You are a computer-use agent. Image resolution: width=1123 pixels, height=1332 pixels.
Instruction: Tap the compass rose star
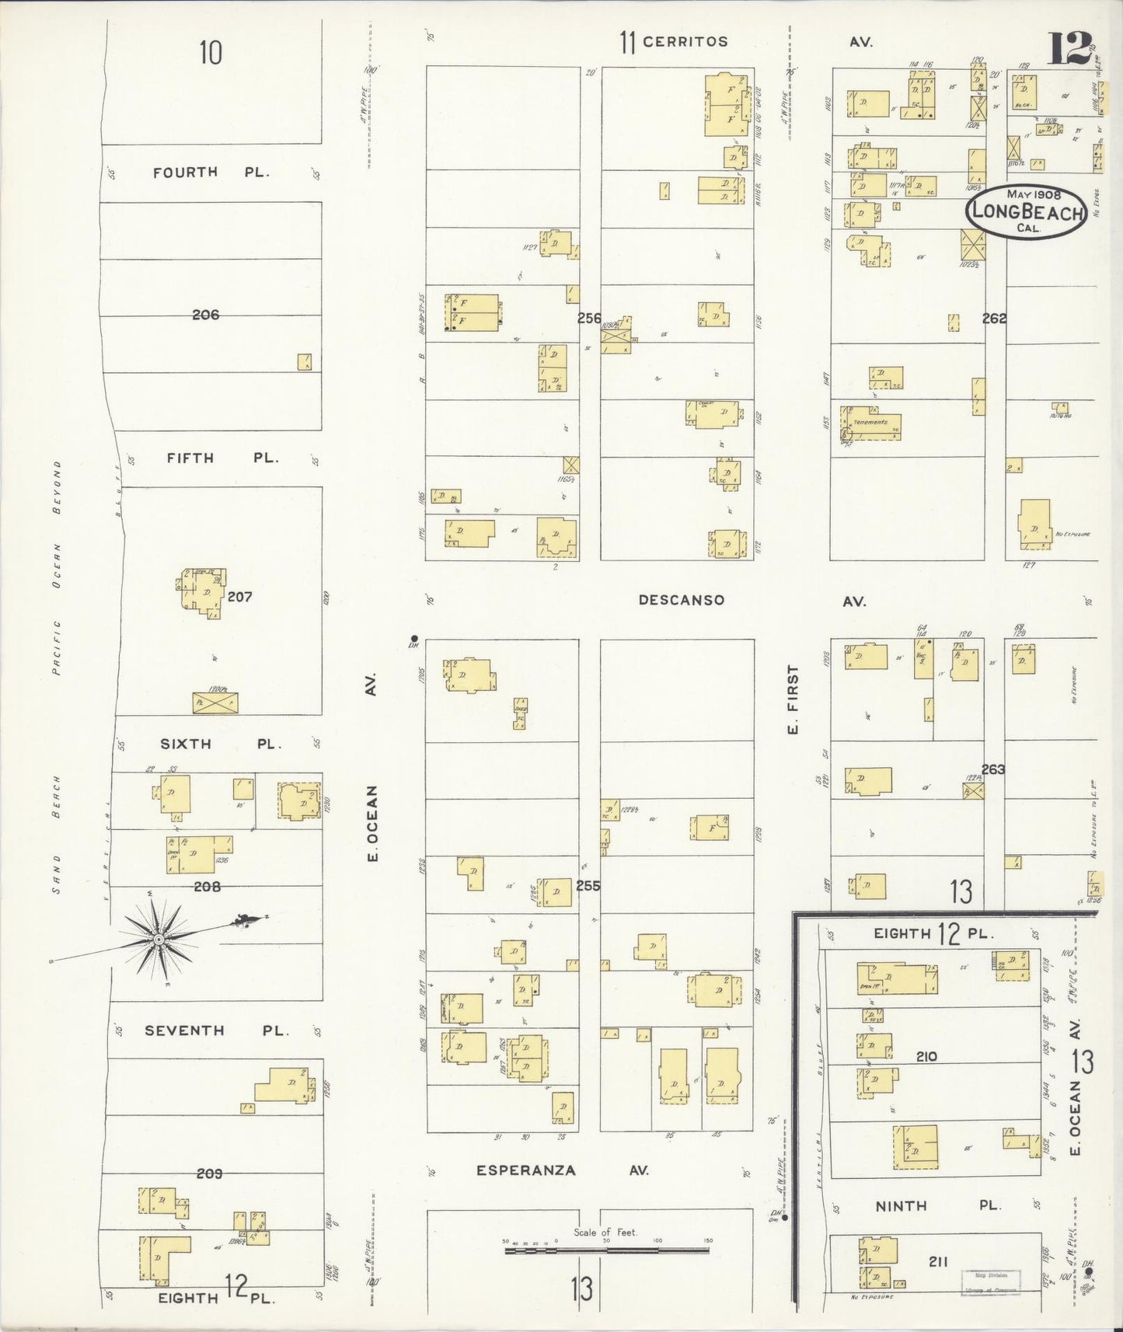[x=159, y=939]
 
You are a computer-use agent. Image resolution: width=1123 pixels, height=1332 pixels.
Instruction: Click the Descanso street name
[x=682, y=600]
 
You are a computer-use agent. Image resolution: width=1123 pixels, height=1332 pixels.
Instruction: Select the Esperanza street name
[x=526, y=1170]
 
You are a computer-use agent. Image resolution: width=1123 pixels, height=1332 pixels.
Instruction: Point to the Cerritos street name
[x=685, y=42]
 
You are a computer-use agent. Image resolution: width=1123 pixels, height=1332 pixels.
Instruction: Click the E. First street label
[x=793, y=699]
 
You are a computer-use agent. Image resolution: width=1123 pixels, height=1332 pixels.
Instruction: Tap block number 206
[x=206, y=315]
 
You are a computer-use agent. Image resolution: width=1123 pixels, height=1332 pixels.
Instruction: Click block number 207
[x=240, y=597]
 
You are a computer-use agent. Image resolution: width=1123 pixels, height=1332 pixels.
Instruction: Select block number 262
[x=994, y=318]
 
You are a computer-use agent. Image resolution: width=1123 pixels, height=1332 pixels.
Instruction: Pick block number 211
[x=938, y=1262]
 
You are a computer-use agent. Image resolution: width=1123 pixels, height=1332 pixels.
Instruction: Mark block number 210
[x=926, y=1056]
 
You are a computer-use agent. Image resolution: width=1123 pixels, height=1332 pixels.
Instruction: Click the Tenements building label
[x=870, y=422]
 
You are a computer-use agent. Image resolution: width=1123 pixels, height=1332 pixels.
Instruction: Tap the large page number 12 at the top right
[x=1070, y=48]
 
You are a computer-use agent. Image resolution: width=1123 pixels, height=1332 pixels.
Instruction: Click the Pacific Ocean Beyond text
[x=57, y=567]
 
